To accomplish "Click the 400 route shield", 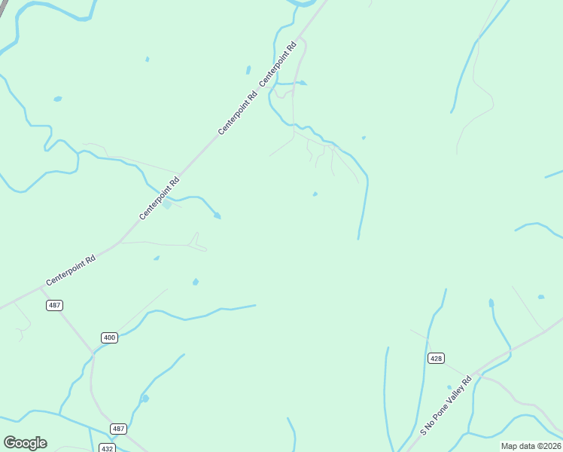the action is (110, 337).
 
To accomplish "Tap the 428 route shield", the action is (436, 358).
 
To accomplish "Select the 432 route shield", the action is (107, 447).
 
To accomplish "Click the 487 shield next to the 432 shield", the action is (118, 429).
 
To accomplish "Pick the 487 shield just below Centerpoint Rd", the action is (54, 305).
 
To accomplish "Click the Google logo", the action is (25, 443).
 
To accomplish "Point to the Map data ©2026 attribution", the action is (531, 445).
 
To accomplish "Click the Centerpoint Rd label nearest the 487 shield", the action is (71, 270).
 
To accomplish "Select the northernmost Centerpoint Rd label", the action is (278, 63).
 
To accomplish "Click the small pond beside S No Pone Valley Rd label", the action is (449, 387).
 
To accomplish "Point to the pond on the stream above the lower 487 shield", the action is (145, 399).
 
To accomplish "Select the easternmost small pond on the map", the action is (541, 297).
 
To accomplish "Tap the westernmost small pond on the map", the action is (57, 99).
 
